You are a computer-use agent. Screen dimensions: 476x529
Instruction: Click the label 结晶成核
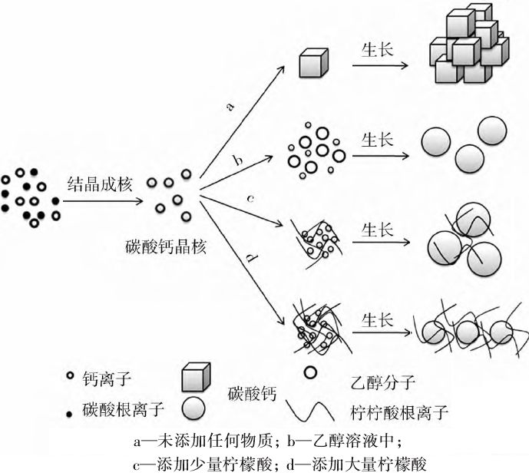[x=101, y=185]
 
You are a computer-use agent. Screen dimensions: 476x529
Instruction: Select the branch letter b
[x=238, y=160]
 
